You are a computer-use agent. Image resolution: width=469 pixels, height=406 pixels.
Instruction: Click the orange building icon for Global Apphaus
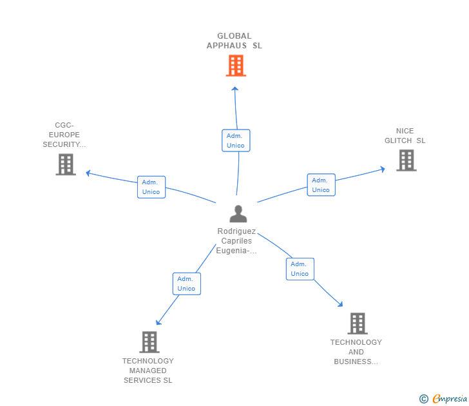236,66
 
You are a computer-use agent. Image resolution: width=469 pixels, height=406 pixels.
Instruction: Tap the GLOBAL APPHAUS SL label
235,41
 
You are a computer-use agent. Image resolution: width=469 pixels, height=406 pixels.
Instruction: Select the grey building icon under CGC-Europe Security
66,164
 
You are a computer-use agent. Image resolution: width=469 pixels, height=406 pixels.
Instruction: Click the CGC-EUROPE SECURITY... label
64,135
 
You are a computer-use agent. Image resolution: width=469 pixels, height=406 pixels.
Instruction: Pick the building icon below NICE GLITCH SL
406,160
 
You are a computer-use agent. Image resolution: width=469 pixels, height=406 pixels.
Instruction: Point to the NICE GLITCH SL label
405,136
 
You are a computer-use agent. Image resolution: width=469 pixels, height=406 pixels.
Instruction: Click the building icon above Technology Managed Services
149,342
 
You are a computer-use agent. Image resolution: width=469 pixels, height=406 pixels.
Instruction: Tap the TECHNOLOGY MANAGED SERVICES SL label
148,371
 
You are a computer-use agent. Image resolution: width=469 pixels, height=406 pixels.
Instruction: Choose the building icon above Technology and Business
358,324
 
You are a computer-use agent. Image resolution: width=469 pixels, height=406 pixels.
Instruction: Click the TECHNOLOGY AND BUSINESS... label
356,352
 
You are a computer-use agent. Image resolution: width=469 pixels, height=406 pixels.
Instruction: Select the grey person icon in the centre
238,213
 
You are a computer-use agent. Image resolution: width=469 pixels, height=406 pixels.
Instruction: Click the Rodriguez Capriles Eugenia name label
236,241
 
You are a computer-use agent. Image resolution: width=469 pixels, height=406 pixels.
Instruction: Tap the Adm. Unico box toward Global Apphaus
236,140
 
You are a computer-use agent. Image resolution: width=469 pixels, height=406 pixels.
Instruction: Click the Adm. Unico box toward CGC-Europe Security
151,187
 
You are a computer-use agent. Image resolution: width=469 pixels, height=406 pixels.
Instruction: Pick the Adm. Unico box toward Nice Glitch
321,185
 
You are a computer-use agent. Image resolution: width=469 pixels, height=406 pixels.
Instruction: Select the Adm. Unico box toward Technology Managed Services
187,284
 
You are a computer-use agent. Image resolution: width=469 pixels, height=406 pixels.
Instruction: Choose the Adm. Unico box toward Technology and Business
300,269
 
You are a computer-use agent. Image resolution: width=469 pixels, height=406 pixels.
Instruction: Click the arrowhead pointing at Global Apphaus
235,88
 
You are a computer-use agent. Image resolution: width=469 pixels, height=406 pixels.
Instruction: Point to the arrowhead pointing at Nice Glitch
382,169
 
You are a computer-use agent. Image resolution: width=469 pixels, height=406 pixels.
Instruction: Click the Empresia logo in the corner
443,399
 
